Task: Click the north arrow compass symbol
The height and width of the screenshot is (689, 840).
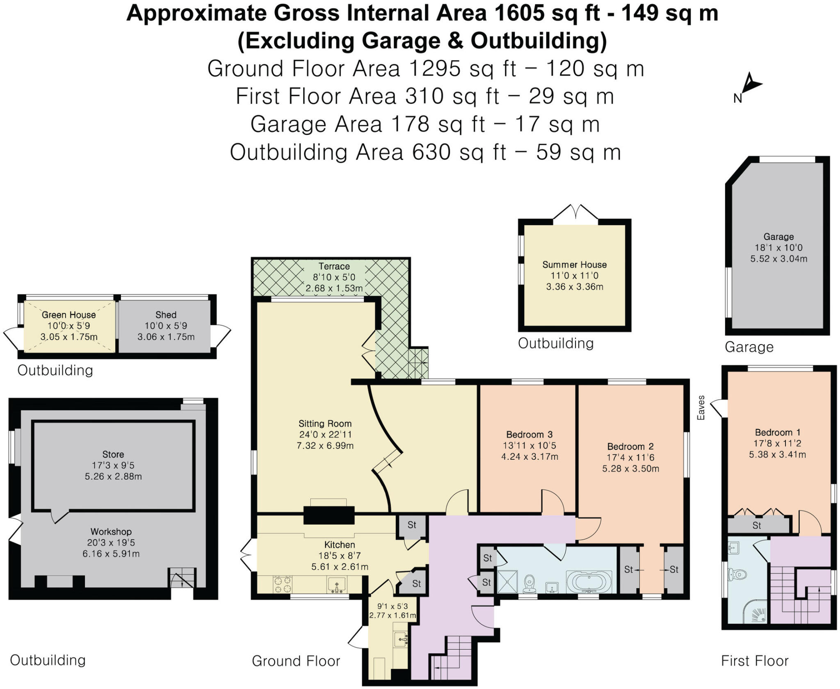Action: [750, 86]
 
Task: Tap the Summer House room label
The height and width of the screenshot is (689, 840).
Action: [574, 265]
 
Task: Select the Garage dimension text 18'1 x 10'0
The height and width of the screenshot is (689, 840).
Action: [778, 248]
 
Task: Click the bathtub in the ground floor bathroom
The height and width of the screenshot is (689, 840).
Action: [589, 582]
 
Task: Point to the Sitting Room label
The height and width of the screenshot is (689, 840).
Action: [325, 424]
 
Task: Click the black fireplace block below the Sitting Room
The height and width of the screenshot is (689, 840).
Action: [329, 515]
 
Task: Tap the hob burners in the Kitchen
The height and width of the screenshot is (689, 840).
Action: [283, 584]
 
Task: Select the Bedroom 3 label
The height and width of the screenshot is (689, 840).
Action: [529, 434]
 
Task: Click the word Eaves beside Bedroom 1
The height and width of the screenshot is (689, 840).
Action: [701, 408]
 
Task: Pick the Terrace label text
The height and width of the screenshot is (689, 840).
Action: [334, 266]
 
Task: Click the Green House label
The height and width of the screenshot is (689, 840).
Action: [68, 315]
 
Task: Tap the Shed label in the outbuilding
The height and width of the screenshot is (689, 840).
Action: [166, 315]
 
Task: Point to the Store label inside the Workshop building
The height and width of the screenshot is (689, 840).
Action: [113, 454]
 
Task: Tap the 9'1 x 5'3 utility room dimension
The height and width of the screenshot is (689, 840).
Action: [393, 606]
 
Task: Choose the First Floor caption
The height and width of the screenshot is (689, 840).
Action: [755, 661]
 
